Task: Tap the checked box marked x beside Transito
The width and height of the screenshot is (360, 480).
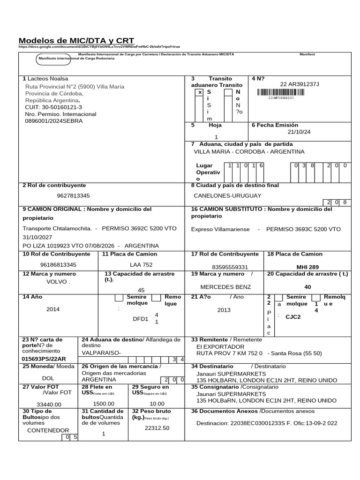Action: pyautogui.click(x=200, y=92)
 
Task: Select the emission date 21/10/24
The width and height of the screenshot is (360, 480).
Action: pyautogui.click(x=299, y=132)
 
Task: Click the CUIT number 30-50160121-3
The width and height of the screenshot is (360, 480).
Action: pyautogui.click(x=53, y=107)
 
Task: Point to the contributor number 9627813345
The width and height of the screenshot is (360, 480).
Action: pyautogui.click(x=73, y=195)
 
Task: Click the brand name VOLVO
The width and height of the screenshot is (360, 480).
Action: pyautogui.click(x=57, y=282)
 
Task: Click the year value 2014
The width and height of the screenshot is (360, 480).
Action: pyautogui.click(x=53, y=309)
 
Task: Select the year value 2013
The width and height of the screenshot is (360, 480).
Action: pyautogui.click(x=224, y=310)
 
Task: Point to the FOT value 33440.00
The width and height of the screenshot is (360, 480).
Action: pyautogui.click(x=49, y=404)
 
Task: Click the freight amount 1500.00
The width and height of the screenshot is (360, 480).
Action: pyautogui.click(x=104, y=403)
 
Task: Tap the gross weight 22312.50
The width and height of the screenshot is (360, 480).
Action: pyautogui.click(x=157, y=427)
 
